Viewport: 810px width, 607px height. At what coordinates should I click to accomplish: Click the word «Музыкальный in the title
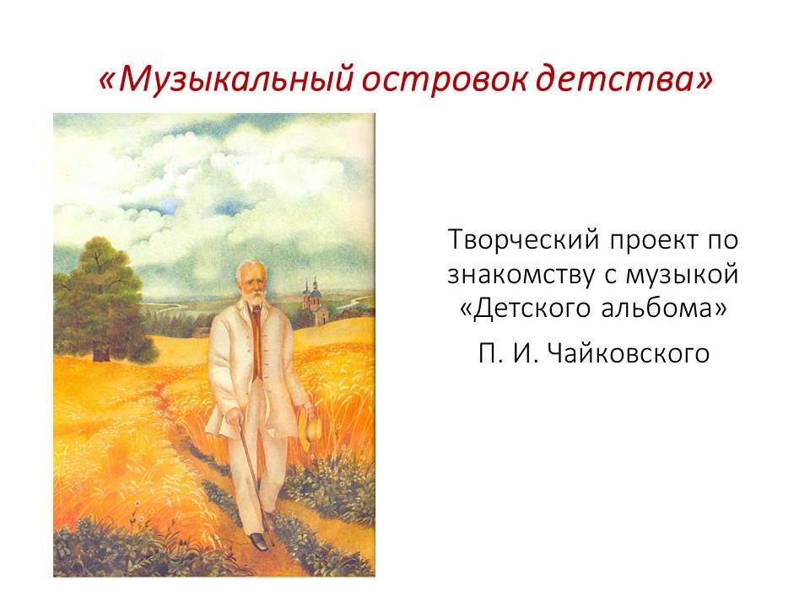click(x=224, y=81)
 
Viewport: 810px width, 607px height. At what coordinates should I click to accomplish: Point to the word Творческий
click(x=524, y=241)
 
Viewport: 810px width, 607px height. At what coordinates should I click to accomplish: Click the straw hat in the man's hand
click(x=311, y=427)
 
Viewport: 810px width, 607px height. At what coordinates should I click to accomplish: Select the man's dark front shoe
click(x=258, y=540)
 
